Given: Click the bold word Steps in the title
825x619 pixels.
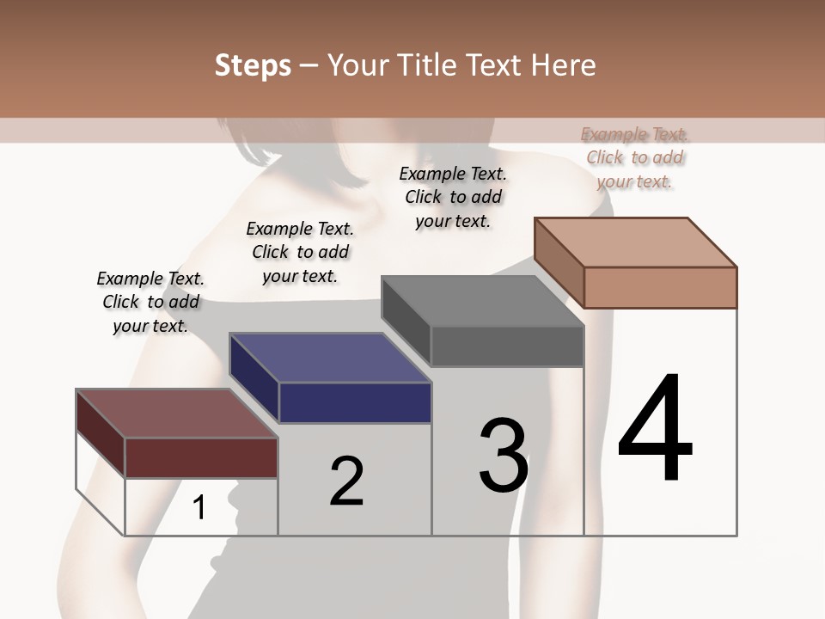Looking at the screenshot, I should click(253, 65).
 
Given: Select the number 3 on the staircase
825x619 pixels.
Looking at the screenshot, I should click(504, 455).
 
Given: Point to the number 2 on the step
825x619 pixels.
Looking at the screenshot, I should click(347, 481).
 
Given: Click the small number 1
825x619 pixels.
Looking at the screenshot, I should click(199, 508).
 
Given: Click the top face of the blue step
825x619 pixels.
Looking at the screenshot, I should click(330, 357).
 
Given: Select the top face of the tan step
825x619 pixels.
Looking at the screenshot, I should click(636, 242).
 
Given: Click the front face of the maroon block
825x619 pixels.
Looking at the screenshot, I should click(201, 457).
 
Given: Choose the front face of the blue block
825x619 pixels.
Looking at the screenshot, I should click(355, 402).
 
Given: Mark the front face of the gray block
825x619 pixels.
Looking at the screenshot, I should click(507, 346).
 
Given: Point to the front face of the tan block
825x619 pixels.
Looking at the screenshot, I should click(660, 287).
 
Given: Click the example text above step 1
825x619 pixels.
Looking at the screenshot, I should click(150, 302).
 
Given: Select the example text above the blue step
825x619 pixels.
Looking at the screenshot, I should click(300, 252).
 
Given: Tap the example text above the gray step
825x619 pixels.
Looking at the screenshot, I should click(453, 197).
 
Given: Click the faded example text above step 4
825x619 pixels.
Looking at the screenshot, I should click(635, 157).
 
